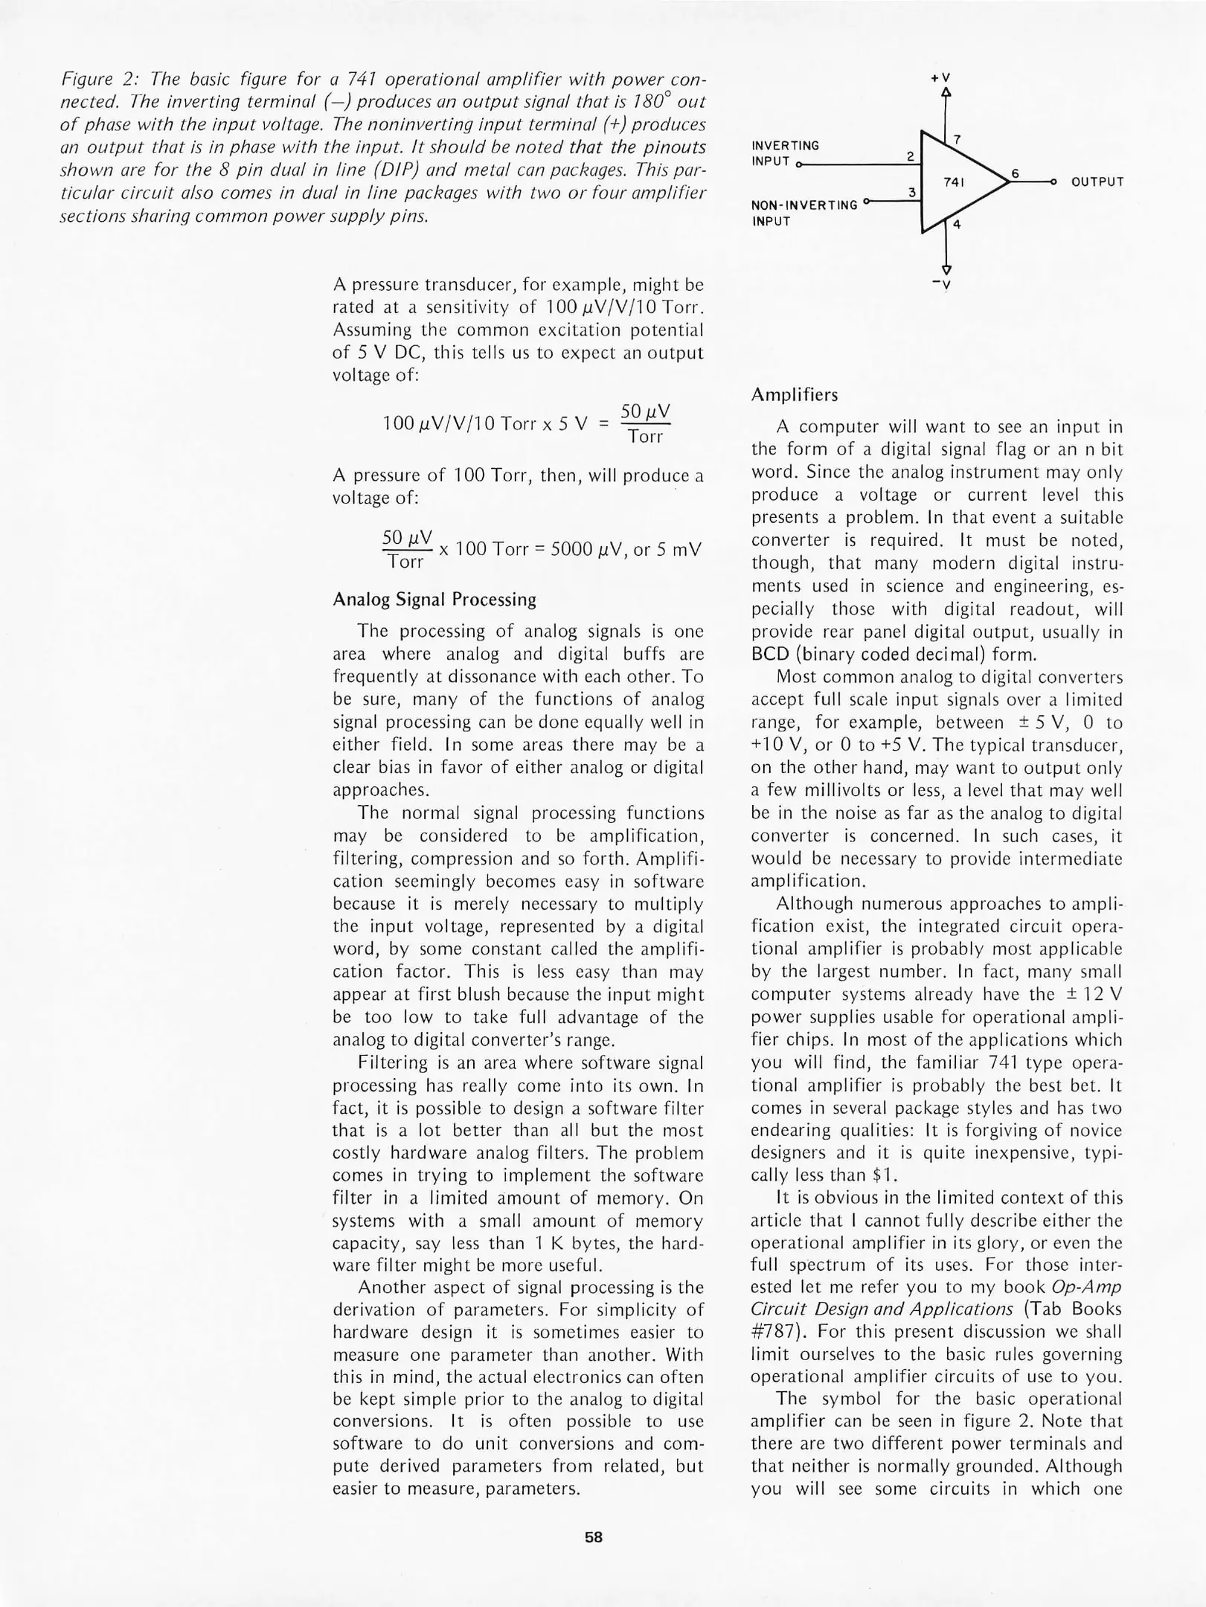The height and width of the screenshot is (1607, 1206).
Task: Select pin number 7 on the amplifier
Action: pyautogui.click(x=957, y=139)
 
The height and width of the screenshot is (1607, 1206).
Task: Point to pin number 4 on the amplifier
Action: pyautogui.click(x=957, y=225)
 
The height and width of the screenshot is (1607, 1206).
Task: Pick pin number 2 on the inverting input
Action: pyautogui.click(x=910, y=156)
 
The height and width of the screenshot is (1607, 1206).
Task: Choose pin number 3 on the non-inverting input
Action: pyautogui.click(x=911, y=193)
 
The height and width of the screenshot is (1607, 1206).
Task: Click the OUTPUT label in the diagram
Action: pyautogui.click(x=1097, y=182)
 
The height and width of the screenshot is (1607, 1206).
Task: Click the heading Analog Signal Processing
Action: pyautogui.click(x=434, y=600)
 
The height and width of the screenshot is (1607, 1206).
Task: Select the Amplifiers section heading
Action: pyautogui.click(x=794, y=395)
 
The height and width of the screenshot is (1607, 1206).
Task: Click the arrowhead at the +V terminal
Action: pyautogui.click(x=946, y=93)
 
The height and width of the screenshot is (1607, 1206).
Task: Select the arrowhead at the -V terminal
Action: pyautogui.click(x=946, y=269)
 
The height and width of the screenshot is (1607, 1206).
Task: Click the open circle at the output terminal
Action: pyautogui.click(x=1053, y=182)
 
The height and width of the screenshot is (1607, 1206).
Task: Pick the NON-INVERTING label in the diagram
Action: pyautogui.click(x=804, y=205)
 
